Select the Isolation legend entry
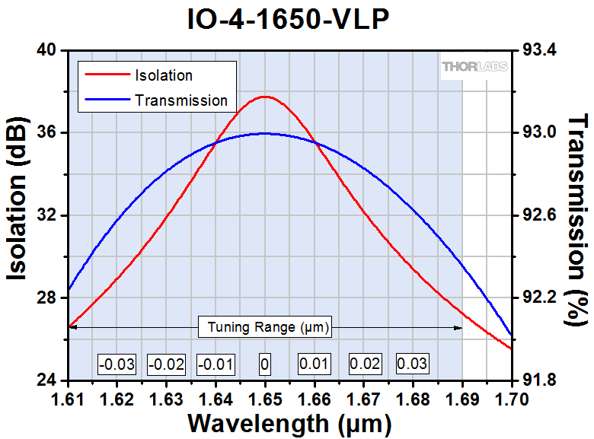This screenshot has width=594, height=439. tap(163, 75)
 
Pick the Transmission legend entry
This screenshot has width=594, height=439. tap(180, 100)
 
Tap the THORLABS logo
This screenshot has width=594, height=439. tap(472, 68)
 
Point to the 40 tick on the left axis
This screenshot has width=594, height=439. tap(46, 50)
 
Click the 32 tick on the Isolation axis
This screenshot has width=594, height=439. tap(46, 215)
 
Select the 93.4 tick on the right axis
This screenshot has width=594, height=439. tap(539, 50)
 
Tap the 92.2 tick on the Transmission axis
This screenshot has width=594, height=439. tap(539, 297)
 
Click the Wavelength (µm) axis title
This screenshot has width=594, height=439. tap(289, 422)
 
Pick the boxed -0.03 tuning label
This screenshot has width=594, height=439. tap(117, 364)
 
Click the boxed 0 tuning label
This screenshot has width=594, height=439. tap(264, 364)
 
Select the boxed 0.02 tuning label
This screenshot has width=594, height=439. tap(364, 364)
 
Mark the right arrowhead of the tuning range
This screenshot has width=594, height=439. tap(459, 328)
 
